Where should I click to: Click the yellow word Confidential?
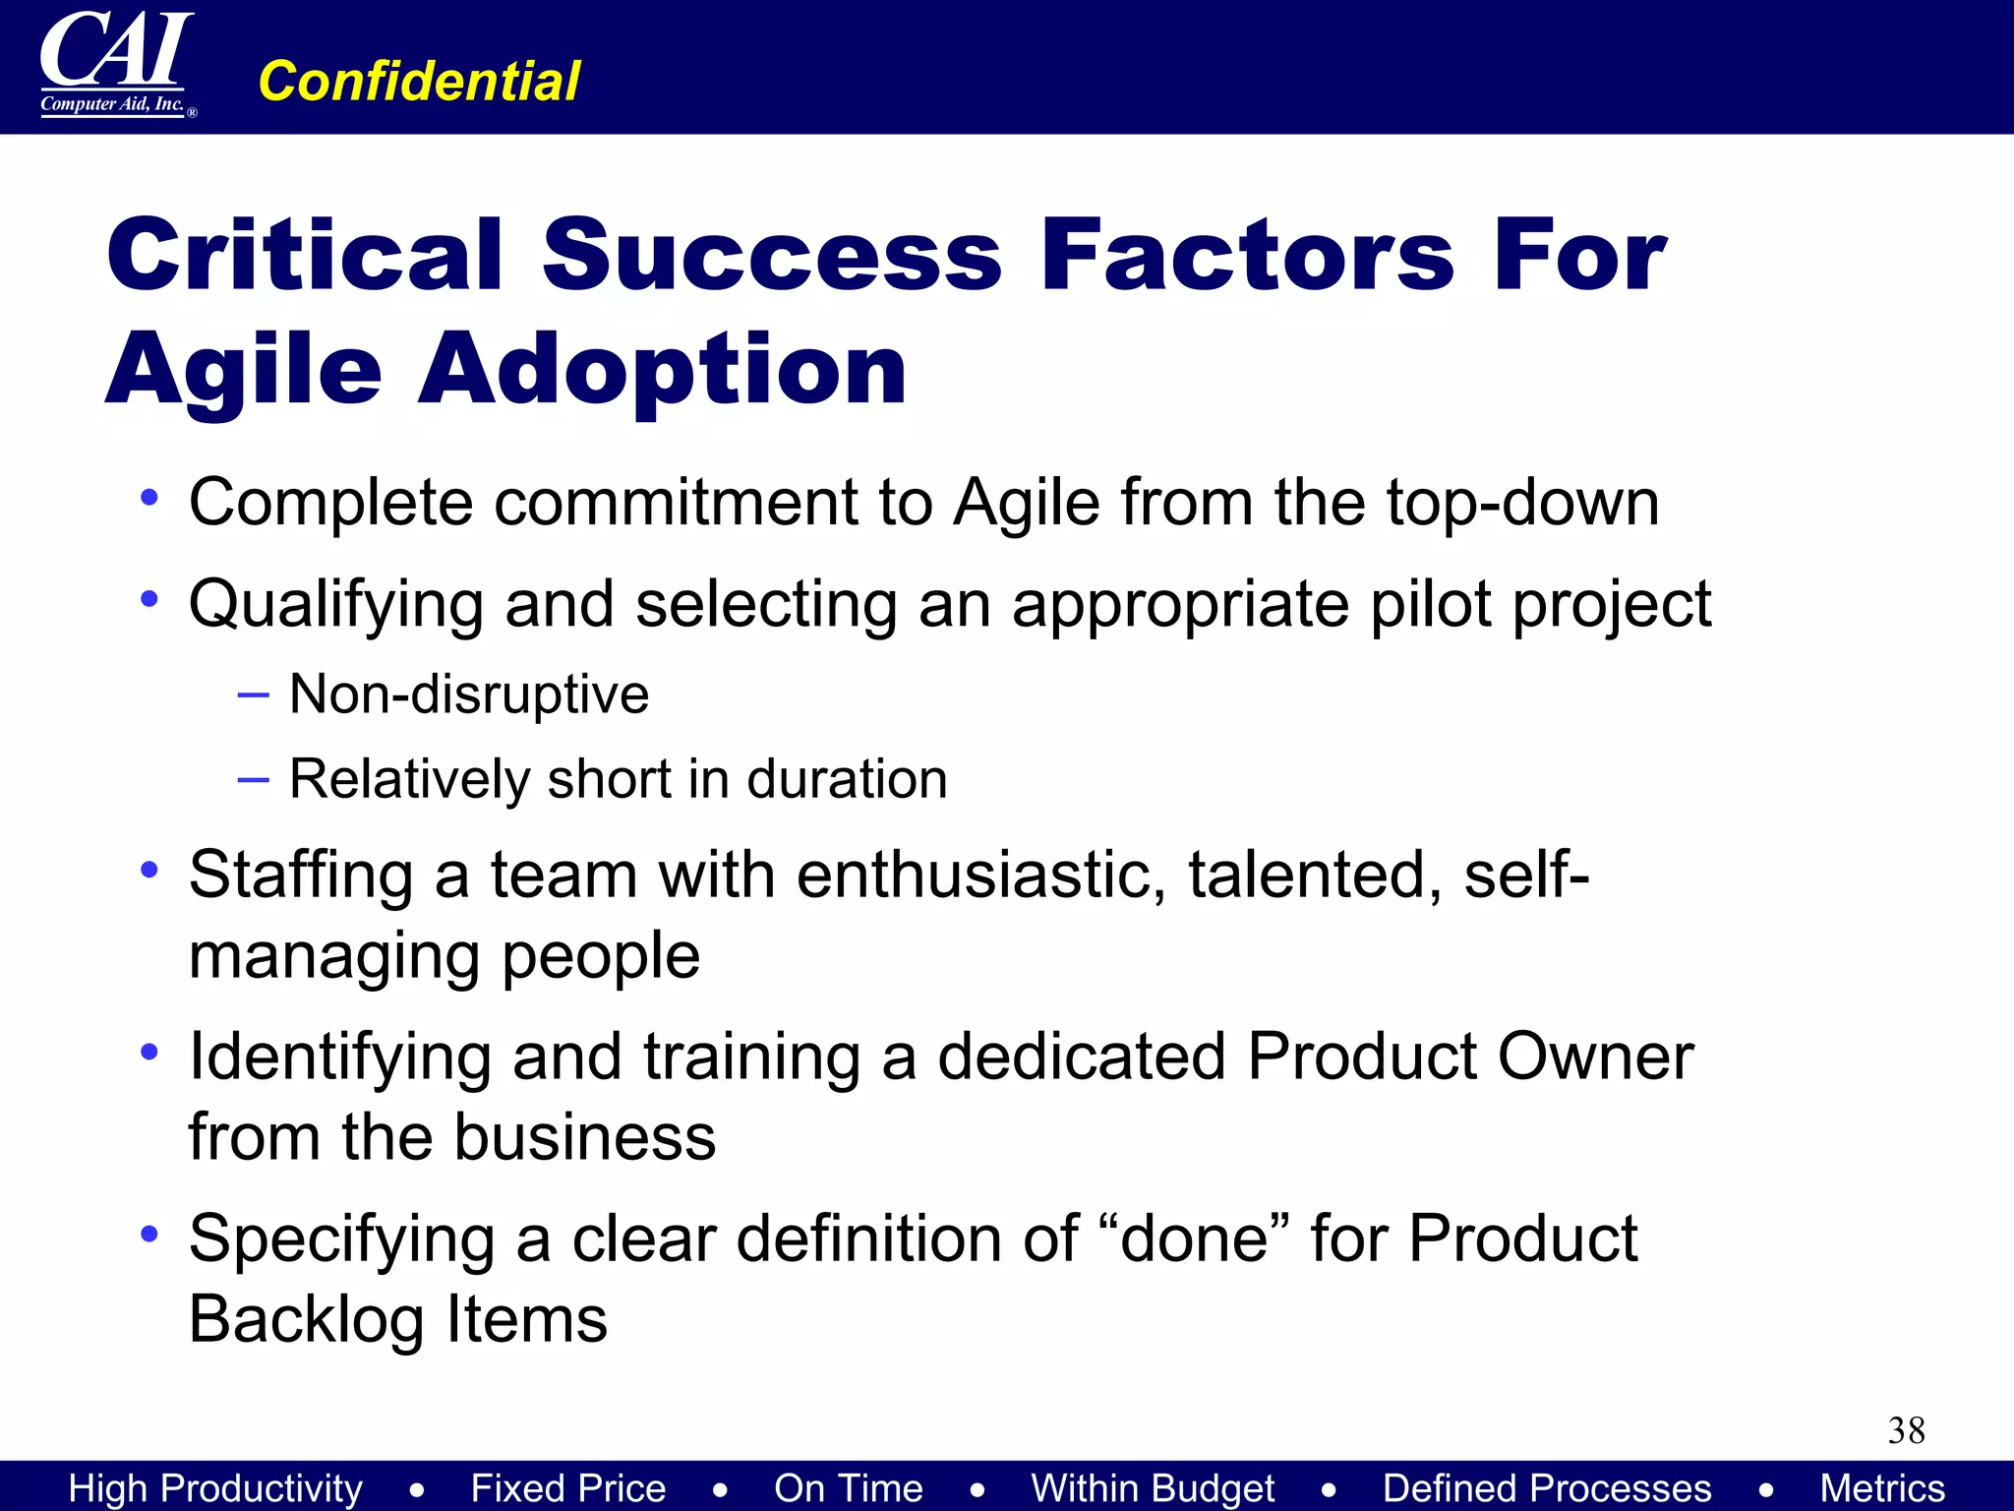pos(419,81)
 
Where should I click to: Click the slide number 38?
pos(1906,1430)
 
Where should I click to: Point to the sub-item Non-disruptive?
pos(469,694)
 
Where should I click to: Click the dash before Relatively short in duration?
pos(253,779)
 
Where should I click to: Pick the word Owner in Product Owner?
pos(1594,1057)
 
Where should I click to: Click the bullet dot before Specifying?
pos(149,1233)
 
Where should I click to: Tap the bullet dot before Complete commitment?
pos(149,498)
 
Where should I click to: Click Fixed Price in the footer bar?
pos(567,1488)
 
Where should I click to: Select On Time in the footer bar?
pos(848,1488)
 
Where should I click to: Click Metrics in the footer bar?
pos(1881,1488)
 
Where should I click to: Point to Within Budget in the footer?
pos(1153,1488)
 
